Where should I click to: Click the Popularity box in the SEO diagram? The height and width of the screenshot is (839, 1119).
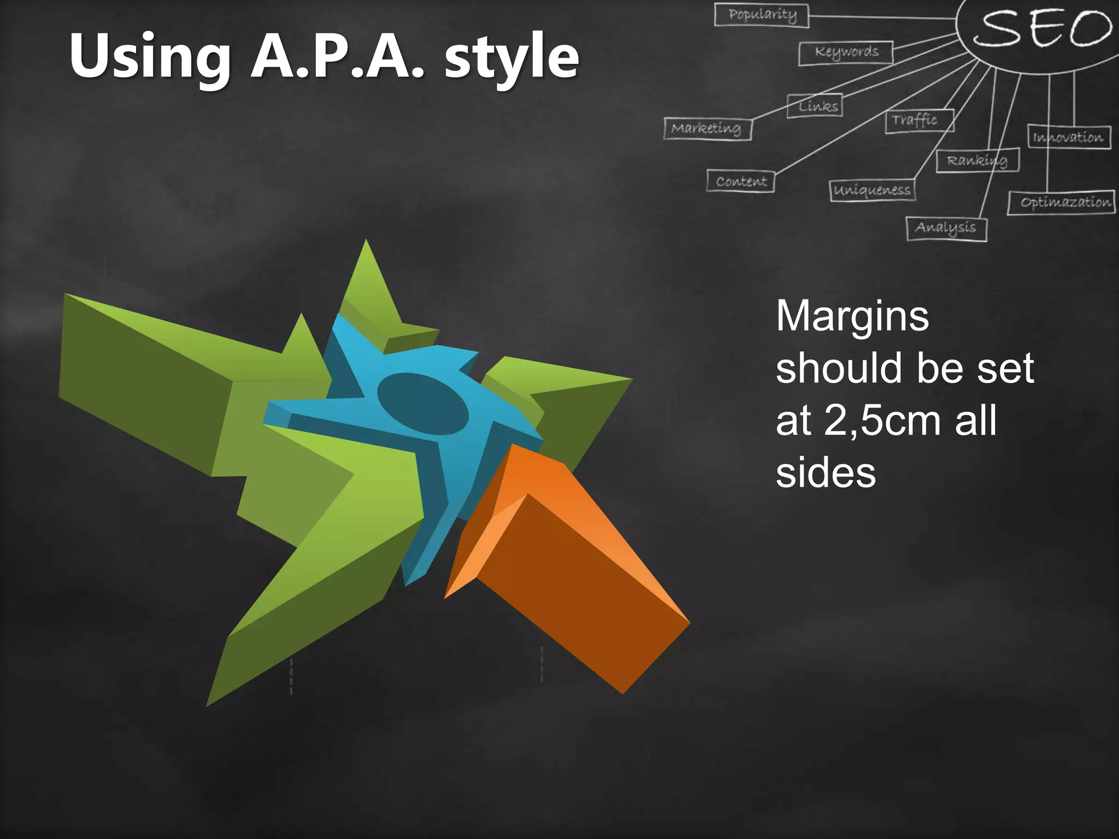762,15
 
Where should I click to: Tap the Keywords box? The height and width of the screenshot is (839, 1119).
846,52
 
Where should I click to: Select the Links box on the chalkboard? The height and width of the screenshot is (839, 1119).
815,106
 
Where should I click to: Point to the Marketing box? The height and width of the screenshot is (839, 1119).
707,129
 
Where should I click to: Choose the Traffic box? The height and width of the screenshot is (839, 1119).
919,120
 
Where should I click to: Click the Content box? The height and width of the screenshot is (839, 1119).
740,181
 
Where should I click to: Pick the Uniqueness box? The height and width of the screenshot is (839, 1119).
872,190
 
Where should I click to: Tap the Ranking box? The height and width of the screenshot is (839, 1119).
977,161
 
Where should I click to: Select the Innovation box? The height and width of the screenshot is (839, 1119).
1069,137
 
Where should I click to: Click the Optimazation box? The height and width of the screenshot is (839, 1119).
1061,203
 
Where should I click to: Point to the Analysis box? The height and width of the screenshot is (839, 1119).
946,228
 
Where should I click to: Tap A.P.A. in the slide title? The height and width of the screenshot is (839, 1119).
337,57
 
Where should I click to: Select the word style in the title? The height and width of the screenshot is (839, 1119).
511,58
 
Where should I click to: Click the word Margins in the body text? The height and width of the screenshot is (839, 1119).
852,316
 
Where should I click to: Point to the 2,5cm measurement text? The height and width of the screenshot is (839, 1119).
882,421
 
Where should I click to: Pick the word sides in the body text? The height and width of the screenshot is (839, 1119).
826,473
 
